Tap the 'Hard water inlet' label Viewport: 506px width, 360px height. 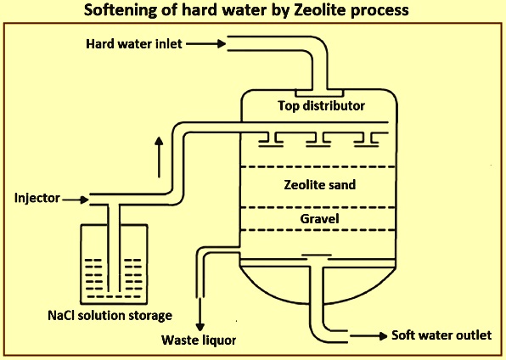(x=134, y=44)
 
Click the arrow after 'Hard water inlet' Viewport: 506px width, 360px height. (x=206, y=43)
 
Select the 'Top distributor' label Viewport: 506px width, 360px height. (x=322, y=106)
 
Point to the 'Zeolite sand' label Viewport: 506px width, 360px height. (x=320, y=185)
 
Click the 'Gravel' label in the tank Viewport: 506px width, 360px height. (x=319, y=219)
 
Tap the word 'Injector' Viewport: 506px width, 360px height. (x=37, y=198)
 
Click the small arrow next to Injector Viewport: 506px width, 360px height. (x=76, y=200)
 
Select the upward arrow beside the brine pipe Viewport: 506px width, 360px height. (x=159, y=157)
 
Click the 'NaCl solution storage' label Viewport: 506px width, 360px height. (x=110, y=316)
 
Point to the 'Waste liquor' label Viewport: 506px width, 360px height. (x=199, y=340)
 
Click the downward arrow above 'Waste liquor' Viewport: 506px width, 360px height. (x=200, y=314)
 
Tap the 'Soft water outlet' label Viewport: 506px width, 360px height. (x=441, y=335)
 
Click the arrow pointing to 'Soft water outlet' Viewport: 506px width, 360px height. (x=368, y=336)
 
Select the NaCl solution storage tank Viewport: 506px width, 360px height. (x=114, y=264)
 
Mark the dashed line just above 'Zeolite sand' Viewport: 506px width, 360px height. (x=318, y=167)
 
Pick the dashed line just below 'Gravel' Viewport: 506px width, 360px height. (x=318, y=230)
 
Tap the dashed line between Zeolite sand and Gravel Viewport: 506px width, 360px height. (x=318, y=208)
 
